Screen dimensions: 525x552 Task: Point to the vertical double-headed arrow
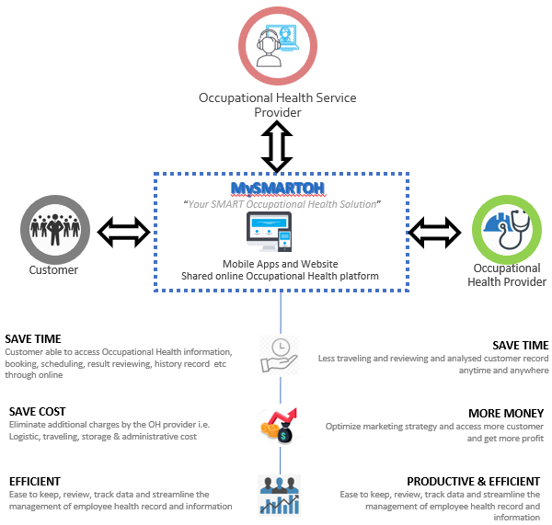[276, 147]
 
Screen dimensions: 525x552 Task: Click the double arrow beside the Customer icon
[123, 232]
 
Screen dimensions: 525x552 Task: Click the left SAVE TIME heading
[32, 339]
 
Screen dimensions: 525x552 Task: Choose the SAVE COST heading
[37, 412]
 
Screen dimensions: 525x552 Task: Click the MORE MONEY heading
[505, 414]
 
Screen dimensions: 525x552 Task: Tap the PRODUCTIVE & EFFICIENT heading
[474, 481]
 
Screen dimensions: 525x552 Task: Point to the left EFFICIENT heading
[35, 481]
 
